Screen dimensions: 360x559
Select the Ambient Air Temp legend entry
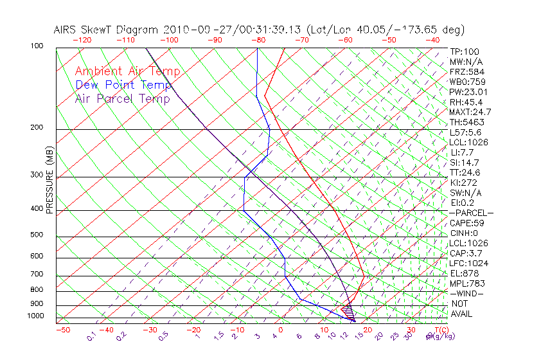pos(127,71)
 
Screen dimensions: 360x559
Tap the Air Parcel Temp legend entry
pos(122,98)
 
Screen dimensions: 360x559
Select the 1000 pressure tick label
pos(36,316)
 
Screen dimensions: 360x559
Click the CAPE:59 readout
pos(466,223)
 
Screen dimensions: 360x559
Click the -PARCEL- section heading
pos(471,213)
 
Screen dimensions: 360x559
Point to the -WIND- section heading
pos(467,293)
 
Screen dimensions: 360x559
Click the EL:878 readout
pos(464,273)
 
